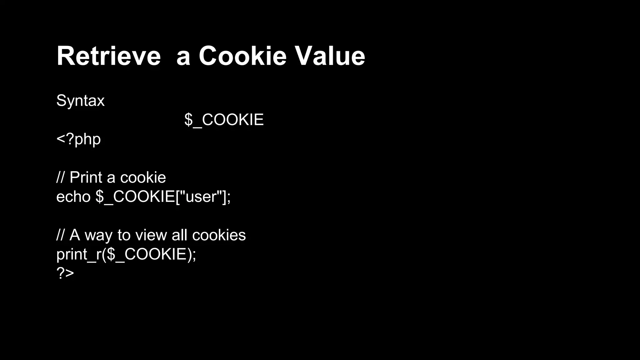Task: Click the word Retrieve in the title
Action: coord(108,56)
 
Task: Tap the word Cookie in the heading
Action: coord(242,56)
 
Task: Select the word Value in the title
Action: coord(330,56)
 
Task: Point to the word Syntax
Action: coord(80,101)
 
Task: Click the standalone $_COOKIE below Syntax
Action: coord(224,120)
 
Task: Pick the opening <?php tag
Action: coord(78,139)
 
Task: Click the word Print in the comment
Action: coord(86,177)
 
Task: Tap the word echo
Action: coord(73,197)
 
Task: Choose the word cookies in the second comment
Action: coord(219,235)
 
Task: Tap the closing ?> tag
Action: coord(65,273)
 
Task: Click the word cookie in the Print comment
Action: coord(143,177)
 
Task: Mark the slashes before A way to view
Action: coord(60,235)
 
